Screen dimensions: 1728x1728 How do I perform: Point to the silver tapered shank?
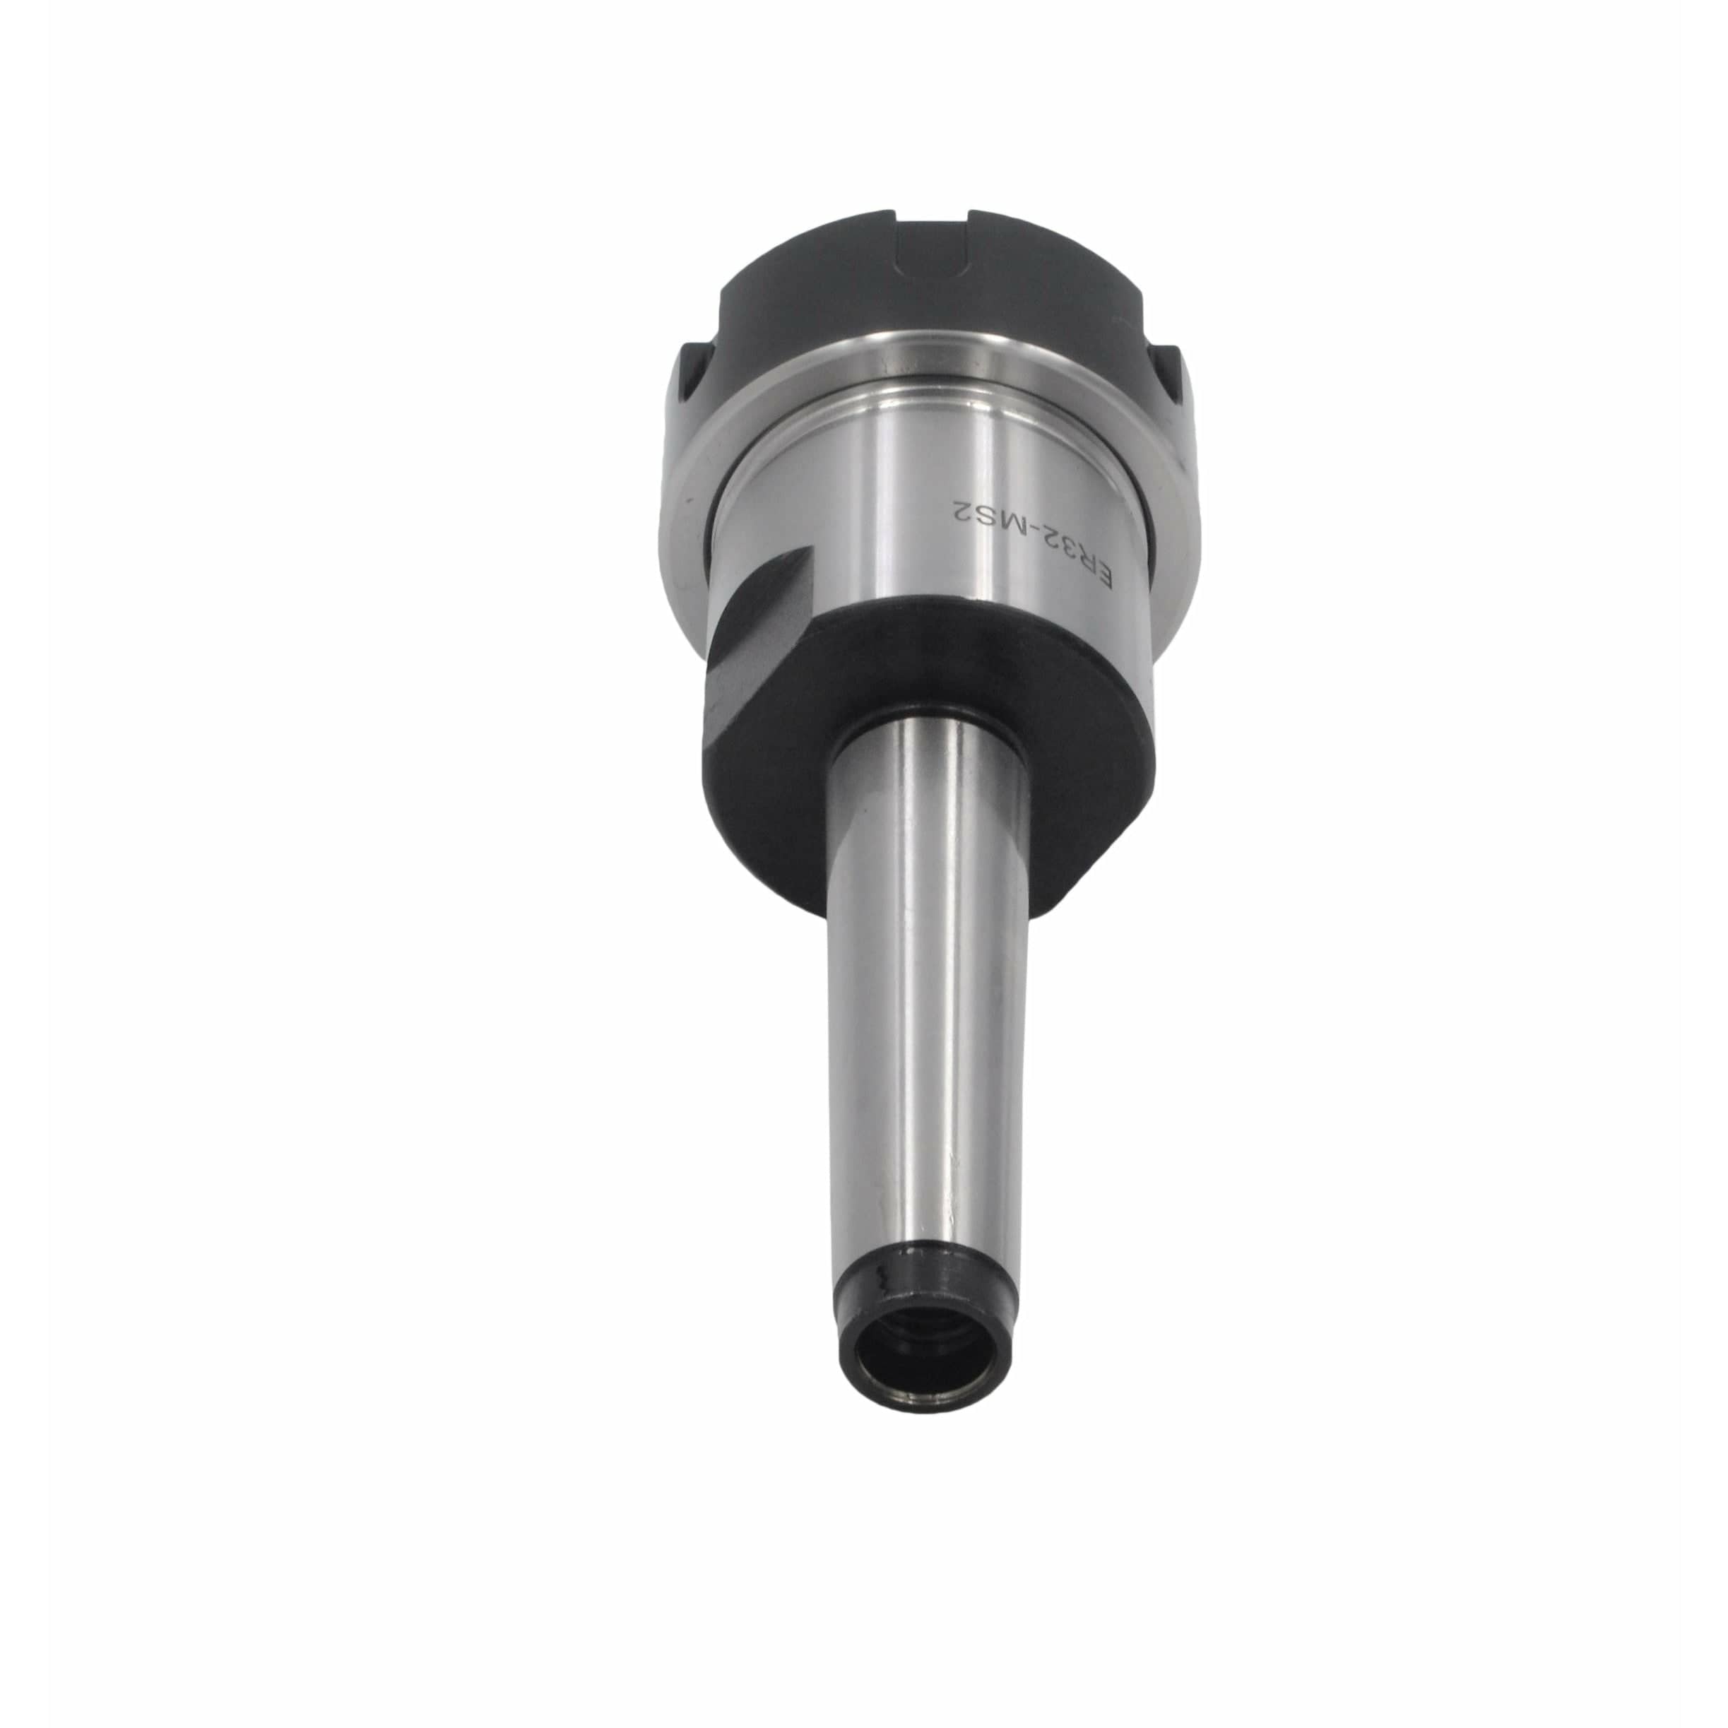[x=925, y=984]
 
